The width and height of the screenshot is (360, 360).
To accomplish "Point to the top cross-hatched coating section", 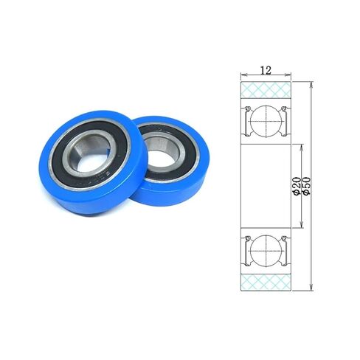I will tap(266, 91).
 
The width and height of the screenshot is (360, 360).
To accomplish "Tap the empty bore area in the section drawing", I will tap(266, 184).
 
